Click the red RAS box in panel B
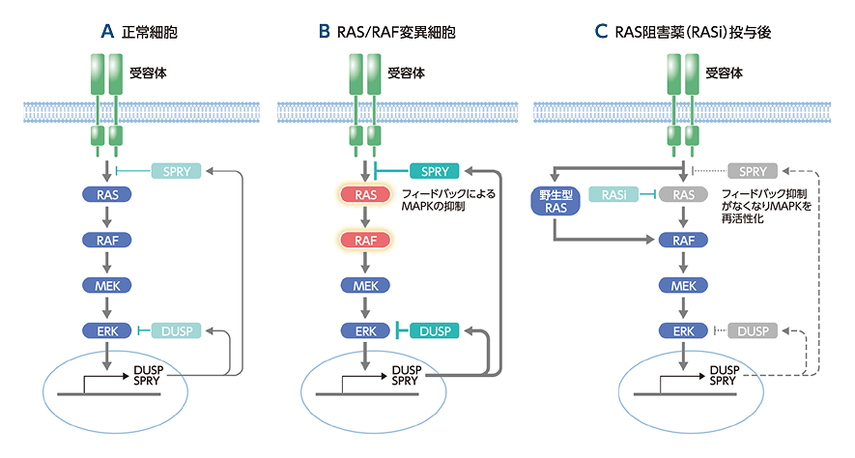click(x=365, y=195)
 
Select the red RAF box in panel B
click(x=365, y=240)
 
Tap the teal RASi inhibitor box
click(x=611, y=195)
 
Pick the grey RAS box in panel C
click(x=685, y=195)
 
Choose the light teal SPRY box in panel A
click(x=177, y=171)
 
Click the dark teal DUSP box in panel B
click(x=435, y=330)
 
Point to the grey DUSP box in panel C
click(x=754, y=331)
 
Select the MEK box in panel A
click(x=107, y=285)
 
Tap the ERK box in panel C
click(x=685, y=331)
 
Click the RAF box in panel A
click(x=107, y=240)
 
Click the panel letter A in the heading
click(x=107, y=33)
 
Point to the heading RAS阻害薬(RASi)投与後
click(x=693, y=33)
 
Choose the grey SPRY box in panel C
click(x=754, y=171)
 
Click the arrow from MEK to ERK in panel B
click(x=365, y=308)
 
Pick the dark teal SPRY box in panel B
click(x=435, y=171)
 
